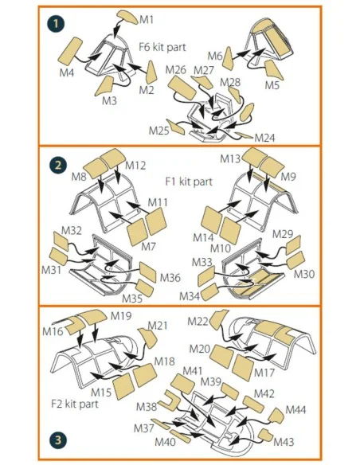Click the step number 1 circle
[x=56, y=24]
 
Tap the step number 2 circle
[x=58, y=165]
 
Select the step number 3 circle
[x=58, y=440]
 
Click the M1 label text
[x=147, y=20]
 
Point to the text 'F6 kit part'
[x=162, y=47]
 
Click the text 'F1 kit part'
[x=189, y=182]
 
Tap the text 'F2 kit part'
[x=74, y=404]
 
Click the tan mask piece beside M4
[x=70, y=50]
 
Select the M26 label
[x=175, y=70]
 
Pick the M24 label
[x=264, y=138]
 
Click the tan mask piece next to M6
[x=228, y=58]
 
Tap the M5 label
[x=272, y=85]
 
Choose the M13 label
[x=230, y=159]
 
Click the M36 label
[x=170, y=278]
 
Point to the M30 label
[x=304, y=274]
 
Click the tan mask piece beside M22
[x=218, y=318]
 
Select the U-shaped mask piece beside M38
[x=169, y=402]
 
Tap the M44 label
[x=295, y=410]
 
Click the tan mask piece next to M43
[x=266, y=435]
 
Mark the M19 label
[x=121, y=316]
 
